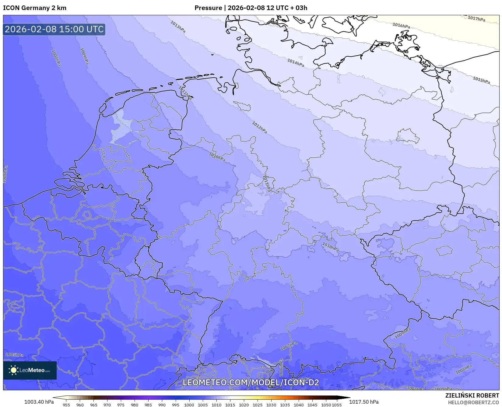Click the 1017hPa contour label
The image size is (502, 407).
(x=476, y=19)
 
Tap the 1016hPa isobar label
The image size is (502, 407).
(x=401, y=26)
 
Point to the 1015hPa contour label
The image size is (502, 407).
(x=481, y=80)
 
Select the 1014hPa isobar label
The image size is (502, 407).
(x=295, y=63)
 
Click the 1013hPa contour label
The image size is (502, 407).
(x=178, y=27)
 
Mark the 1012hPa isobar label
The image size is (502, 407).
(x=259, y=127)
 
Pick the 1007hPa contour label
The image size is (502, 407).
(x=289, y=346)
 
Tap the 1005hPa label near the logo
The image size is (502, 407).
(x=14, y=355)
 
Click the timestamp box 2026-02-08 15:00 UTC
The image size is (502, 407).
(x=54, y=29)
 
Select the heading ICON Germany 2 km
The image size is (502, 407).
(x=35, y=8)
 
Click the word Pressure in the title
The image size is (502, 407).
(x=208, y=8)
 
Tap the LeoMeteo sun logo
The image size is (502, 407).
(x=14, y=370)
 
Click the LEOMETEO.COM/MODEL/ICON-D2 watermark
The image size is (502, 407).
(x=251, y=382)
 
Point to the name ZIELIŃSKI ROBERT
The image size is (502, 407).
(x=472, y=396)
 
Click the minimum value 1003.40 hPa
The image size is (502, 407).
(x=39, y=402)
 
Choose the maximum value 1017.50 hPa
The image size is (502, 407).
(x=364, y=402)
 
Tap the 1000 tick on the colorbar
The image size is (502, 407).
(x=189, y=405)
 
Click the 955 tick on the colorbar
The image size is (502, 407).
(x=66, y=405)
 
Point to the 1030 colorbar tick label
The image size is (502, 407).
(x=271, y=405)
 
